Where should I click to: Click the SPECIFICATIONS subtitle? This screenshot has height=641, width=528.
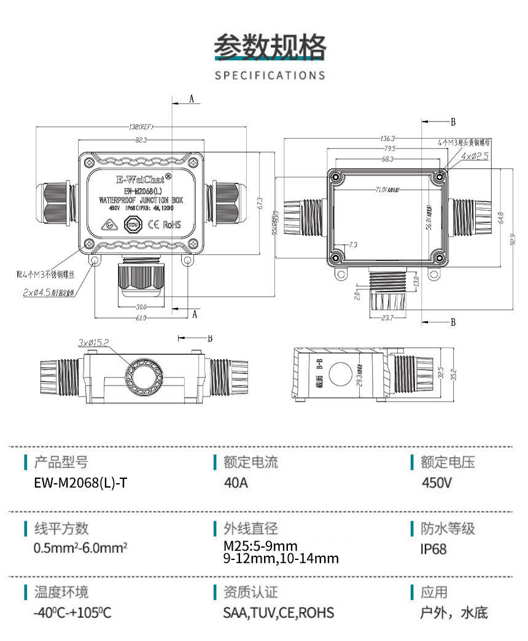(x=270, y=76)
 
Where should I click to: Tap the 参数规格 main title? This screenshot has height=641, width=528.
(x=270, y=47)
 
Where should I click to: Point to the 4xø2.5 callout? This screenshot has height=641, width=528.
(x=475, y=157)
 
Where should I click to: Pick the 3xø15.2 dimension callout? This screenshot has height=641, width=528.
(x=93, y=342)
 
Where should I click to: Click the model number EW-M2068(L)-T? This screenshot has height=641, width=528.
(x=82, y=483)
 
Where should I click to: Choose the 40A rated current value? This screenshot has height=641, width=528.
(x=236, y=483)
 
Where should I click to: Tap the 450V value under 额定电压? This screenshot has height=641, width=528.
(x=437, y=483)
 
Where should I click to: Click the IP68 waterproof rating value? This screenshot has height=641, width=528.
(x=433, y=548)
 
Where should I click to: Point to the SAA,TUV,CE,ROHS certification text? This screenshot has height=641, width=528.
(x=279, y=613)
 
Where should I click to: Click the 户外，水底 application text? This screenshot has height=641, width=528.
(x=454, y=613)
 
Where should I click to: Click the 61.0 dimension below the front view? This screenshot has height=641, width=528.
(x=141, y=317)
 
